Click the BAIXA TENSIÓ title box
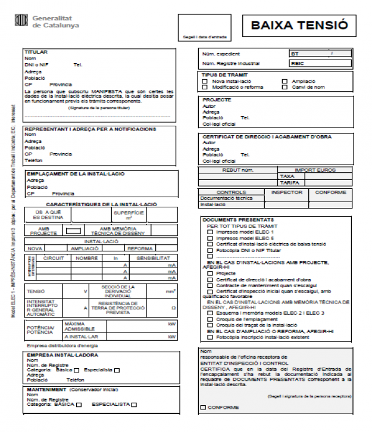click(299, 26)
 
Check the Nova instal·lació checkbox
click(205, 81)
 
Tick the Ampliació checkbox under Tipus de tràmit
click(285, 81)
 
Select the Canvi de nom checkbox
click(285, 87)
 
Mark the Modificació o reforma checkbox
click(205, 87)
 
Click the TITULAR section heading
click(36, 52)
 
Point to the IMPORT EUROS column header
click(315, 170)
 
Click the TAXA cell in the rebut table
click(287, 176)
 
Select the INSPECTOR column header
click(287, 192)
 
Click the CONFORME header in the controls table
click(330, 192)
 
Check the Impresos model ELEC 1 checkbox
click(210, 232)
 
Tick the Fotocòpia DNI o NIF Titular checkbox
click(210, 250)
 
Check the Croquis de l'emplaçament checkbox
click(210, 319)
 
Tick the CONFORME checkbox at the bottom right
click(204, 408)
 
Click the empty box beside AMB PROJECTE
click(73, 231)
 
